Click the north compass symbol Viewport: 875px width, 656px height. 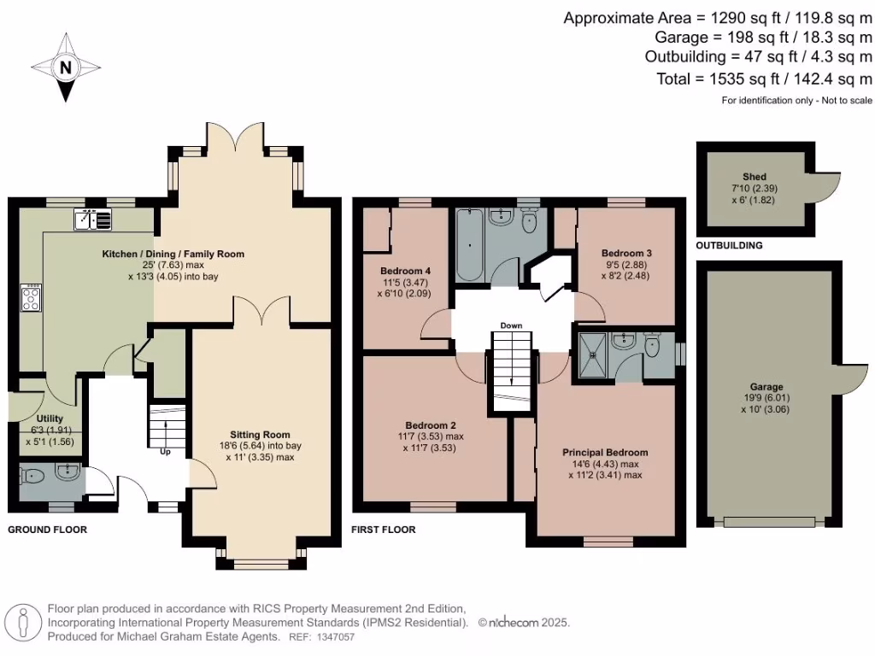[x=67, y=67]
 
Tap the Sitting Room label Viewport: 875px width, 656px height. [x=260, y=433]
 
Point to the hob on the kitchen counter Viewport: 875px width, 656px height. [x=31, y=298]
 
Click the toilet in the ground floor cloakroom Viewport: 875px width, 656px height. [x=32, y=476]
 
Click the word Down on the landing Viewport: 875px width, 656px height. [x=511, y=325]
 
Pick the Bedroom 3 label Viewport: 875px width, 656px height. [x=626, y=253]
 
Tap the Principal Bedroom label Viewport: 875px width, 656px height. [x=604, y=452]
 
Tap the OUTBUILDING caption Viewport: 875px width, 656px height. [x=729, y=246]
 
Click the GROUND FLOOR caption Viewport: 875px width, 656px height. [x=47, y=530]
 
